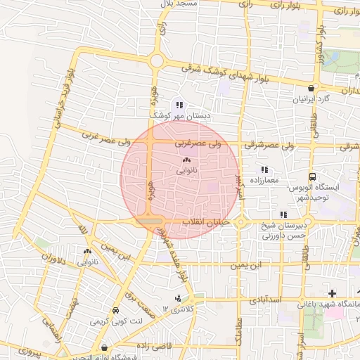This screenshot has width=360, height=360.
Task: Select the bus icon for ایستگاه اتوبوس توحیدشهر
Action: pos(312,177)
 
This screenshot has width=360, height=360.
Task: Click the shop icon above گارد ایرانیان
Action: pos(310,88)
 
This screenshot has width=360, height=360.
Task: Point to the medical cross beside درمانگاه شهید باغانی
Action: pos(332,292)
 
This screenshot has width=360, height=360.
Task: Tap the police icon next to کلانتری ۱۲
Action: pos(178,298)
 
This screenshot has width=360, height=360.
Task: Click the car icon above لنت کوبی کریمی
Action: pos(115,310)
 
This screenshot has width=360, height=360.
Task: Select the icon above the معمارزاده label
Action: pos(264,169)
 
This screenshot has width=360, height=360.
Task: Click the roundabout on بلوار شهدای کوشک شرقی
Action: pos(156,61)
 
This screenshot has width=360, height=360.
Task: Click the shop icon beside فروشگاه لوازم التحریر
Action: pos(105,347)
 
